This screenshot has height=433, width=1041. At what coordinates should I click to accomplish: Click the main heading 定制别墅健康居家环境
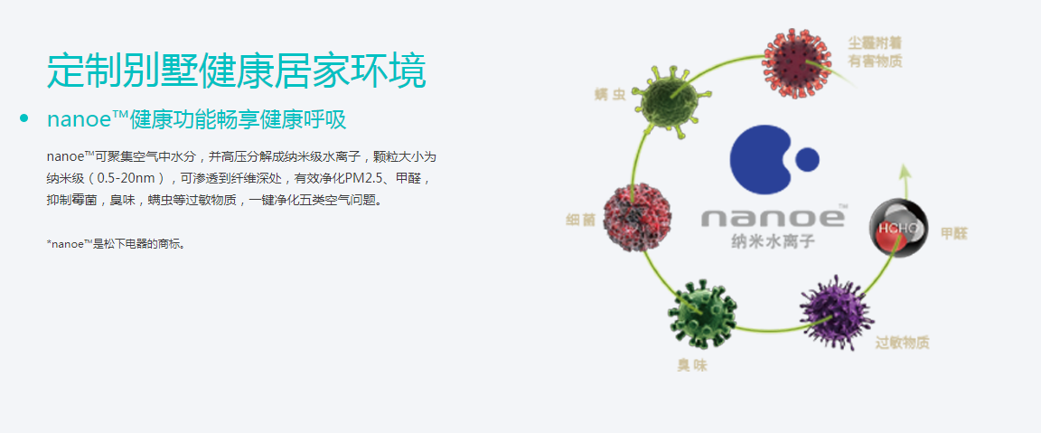(x=236, y=71)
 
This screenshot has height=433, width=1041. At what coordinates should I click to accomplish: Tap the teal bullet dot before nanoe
(x=24, y=119)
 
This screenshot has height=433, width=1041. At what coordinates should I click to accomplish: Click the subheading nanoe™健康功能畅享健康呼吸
(x=196, y=119)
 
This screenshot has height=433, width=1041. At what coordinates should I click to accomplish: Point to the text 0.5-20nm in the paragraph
(x=129, y=178)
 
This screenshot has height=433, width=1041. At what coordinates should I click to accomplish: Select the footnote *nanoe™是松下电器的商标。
(x=116, y=244)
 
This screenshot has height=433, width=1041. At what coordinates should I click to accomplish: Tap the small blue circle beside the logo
(x=807, y=159)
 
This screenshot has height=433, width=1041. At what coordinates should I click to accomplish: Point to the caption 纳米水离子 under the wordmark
(x=772, y=241)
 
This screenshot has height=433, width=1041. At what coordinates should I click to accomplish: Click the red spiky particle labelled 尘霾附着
(x=797, y=63)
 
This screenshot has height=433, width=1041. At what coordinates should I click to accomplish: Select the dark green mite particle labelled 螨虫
(x=667, y=102)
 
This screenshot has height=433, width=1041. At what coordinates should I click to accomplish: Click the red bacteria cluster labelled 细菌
(x=637, y=217)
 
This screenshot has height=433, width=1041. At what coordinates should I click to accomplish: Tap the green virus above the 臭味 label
(x=702, y=315)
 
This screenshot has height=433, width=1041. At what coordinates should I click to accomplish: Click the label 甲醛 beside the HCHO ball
(x=954, y=234)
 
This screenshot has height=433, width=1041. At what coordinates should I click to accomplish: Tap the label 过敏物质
(x=902, y=344)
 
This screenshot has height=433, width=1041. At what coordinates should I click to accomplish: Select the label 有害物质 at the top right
(x=875, y=62)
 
